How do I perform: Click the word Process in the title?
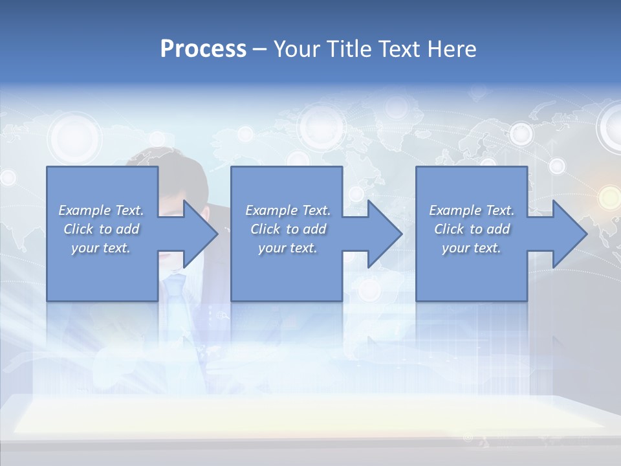tap(203, 49)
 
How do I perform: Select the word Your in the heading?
tap(294, 49)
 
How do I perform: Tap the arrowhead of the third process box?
tap(569, 234)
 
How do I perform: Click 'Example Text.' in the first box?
tap(101, 210)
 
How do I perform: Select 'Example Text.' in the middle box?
tap(288, 210)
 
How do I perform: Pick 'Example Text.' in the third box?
tap(472, 210)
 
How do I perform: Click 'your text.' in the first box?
tap(101, 248)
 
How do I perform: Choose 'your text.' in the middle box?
tap(288, 248)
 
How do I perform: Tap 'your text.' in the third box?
tap(472, 248)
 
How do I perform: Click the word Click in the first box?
tap(79, 229)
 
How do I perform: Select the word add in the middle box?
tap(314, 229)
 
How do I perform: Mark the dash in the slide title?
tap(259, 50)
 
